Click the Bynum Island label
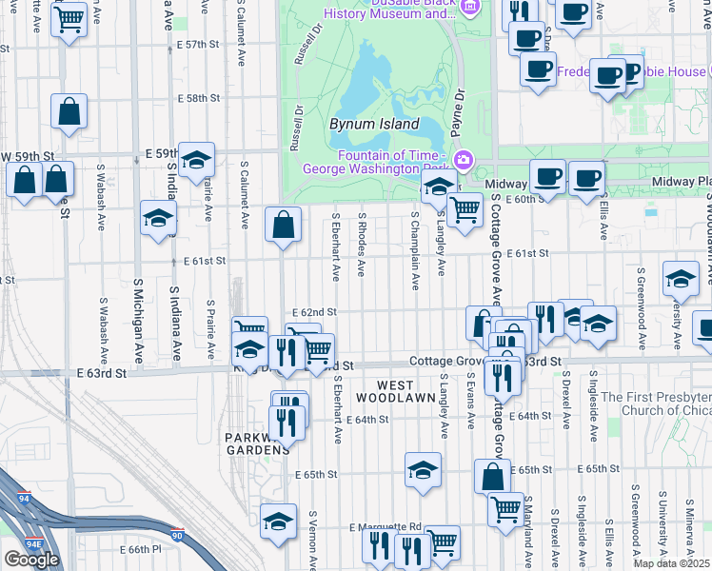coord(374,124)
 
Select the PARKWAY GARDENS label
coord(256,443)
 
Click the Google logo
coord(31,559)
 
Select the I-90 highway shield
coord(176,535)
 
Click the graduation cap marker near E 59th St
coord(196,159)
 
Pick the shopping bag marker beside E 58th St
coord(69,111)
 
